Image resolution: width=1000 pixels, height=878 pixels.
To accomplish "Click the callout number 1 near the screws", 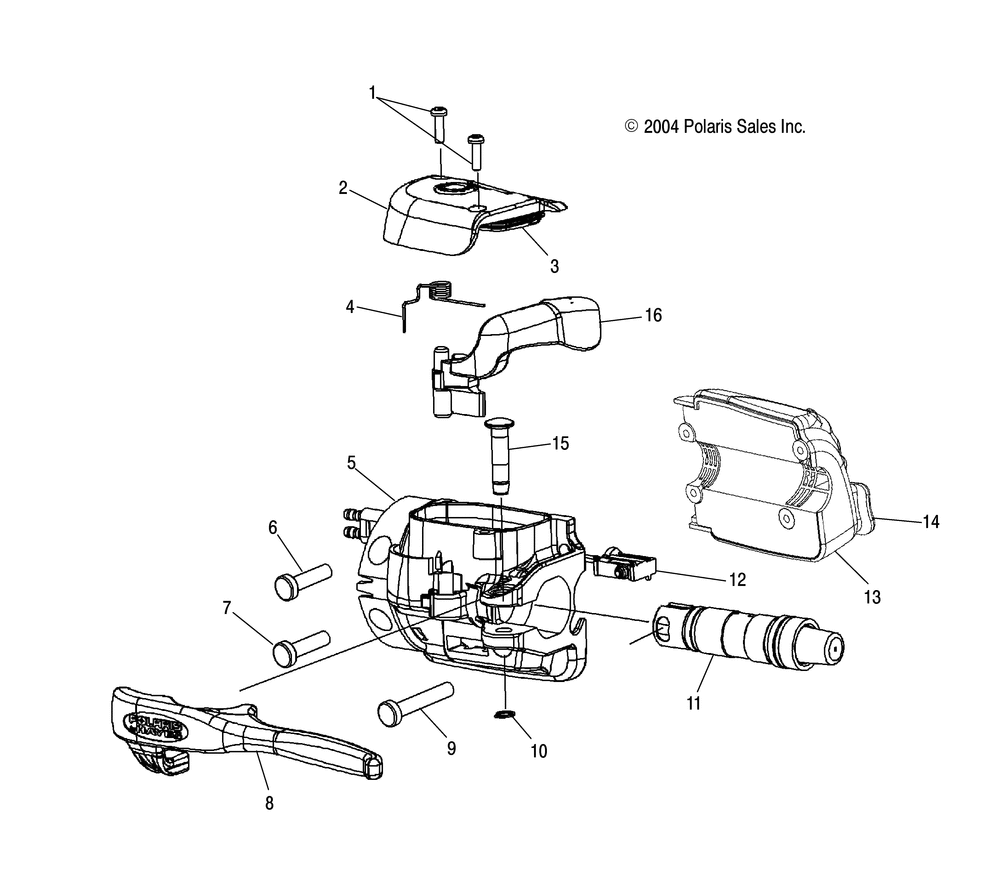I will point(372,95).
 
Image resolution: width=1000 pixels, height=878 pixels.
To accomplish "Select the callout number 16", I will point(653,316).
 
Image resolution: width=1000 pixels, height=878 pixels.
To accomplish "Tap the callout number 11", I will point(694,703).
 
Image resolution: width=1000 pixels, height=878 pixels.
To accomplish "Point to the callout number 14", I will point(931,521).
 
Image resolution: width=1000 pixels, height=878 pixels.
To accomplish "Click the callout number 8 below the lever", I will point(268,802).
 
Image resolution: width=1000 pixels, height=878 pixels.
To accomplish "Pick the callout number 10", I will point(539,751).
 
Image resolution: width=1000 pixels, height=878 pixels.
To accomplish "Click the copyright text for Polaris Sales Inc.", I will point(715,127).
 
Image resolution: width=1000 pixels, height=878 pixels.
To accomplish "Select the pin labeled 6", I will point(303,579).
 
